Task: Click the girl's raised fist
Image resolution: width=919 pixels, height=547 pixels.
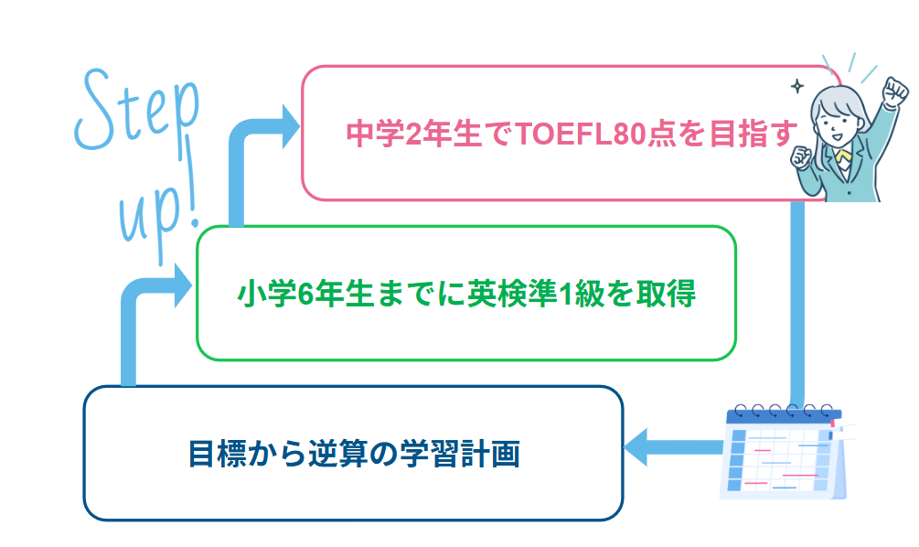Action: point(895,91)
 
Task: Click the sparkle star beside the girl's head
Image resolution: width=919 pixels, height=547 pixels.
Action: point(796,86)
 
